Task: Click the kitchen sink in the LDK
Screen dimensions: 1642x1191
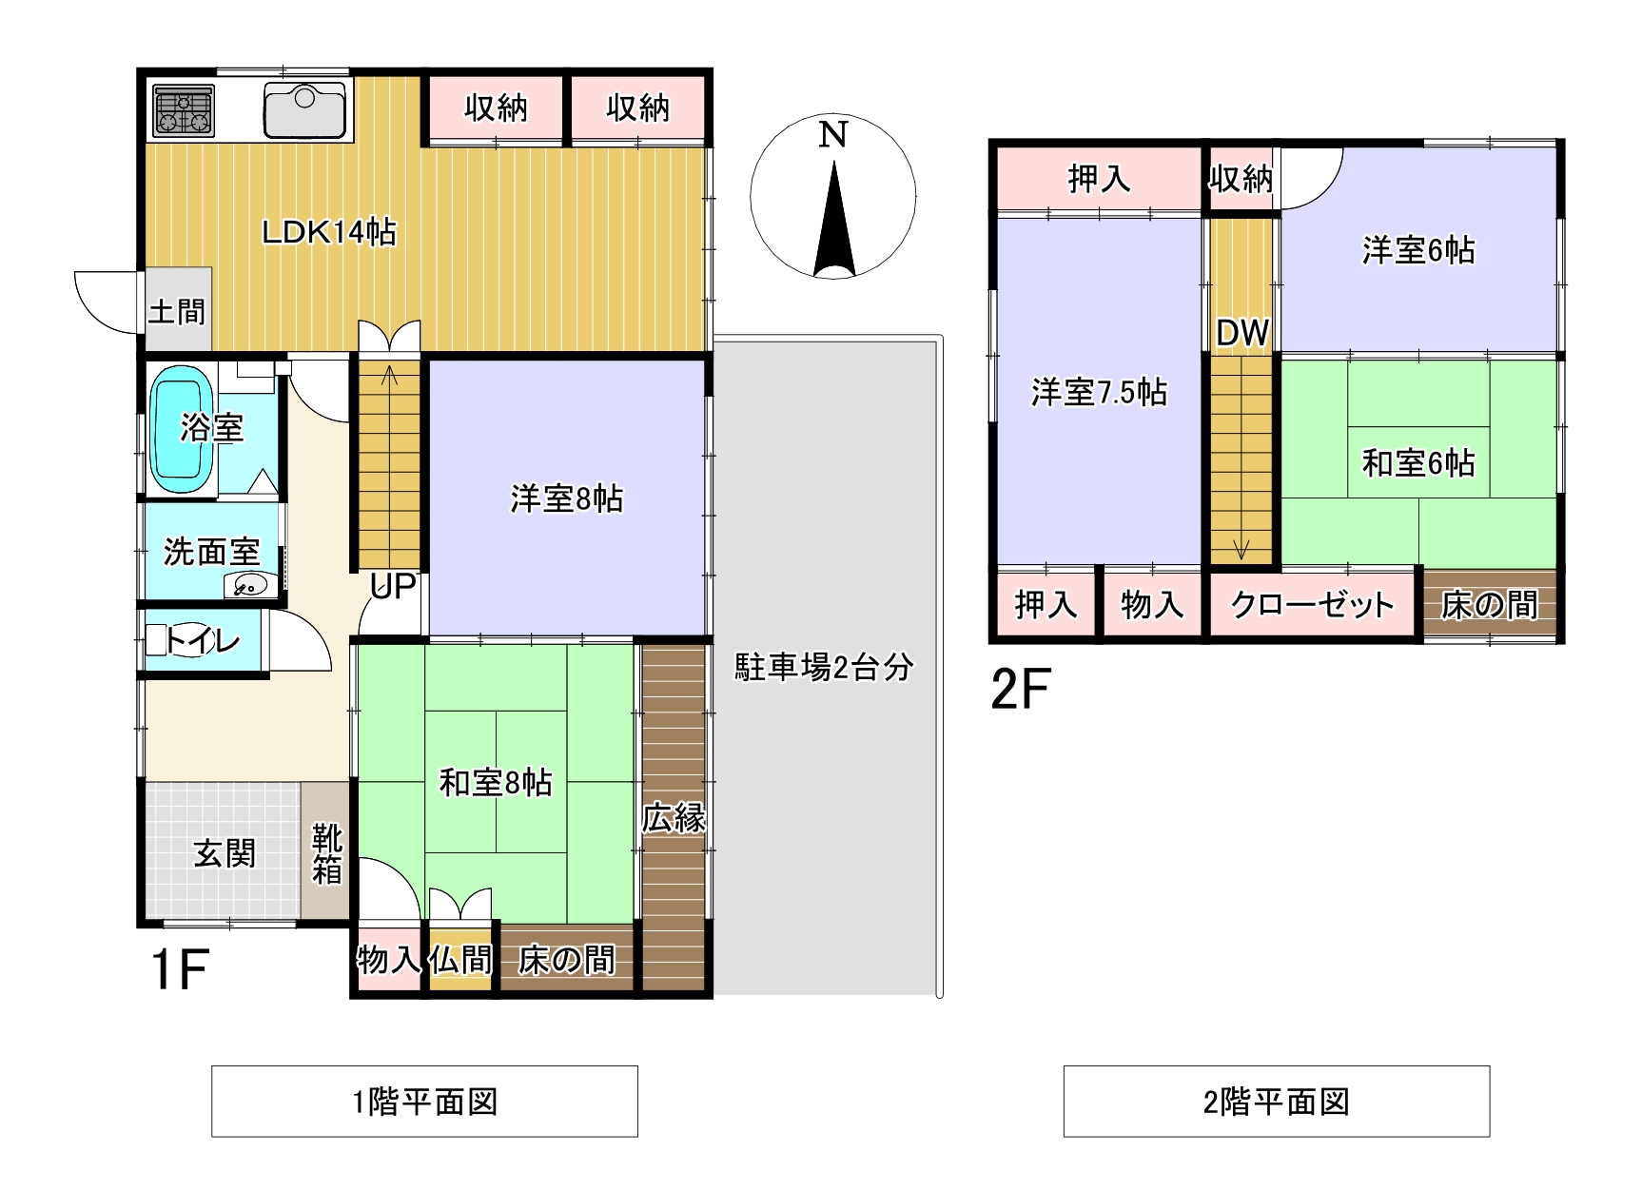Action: tap(304, 109)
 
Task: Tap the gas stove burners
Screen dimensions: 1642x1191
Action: tap(184, 110)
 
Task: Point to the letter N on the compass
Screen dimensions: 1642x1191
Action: tap(832, 135)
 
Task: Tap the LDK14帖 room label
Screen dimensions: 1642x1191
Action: tap(328, 231)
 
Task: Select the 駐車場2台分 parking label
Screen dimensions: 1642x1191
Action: tap(824, 667)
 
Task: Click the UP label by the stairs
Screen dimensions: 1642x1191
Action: tap(393, 586)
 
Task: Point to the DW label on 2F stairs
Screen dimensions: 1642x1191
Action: tap(1242, 333)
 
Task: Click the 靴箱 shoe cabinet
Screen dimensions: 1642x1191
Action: tap(326, 851)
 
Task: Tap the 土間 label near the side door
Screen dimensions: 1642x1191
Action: tap(177, 311)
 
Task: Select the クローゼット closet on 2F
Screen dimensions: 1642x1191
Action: tap(1312, 603)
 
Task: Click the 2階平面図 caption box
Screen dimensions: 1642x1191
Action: tap(1276, 1102)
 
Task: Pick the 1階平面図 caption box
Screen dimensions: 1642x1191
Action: tap(424, 1102)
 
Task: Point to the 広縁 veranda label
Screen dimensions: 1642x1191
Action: tap(674, 817)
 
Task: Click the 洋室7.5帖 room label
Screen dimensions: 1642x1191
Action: tap(1099, 392)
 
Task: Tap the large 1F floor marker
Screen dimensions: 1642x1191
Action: tap(180, 968)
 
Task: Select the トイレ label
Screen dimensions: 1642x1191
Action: tap(203, 640)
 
